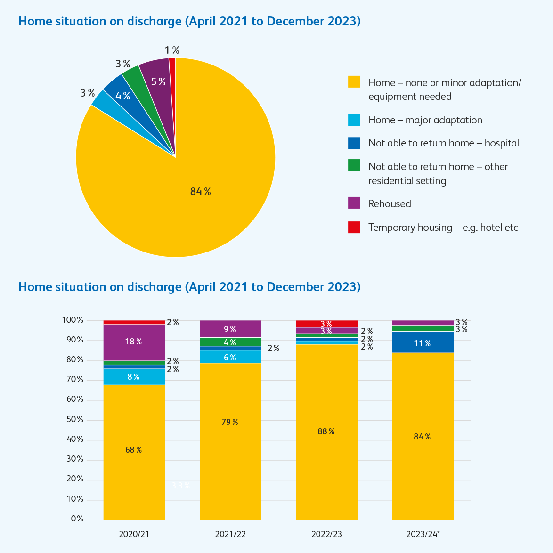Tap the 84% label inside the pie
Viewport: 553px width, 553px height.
point(200,191)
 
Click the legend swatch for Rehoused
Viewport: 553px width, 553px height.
point(354,203)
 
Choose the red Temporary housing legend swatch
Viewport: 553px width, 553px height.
point(354,227)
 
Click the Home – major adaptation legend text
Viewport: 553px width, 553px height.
point(425,120)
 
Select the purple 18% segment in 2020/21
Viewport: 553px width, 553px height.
point(134,342)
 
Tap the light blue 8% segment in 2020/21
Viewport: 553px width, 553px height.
point(134,376)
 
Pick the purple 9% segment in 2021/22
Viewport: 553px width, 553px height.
point(230,329)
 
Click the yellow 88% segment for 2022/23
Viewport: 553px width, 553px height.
point(326,431)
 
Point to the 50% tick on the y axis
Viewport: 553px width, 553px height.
point(73,419)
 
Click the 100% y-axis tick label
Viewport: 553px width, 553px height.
point(73,320)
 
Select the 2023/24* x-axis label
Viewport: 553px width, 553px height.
point(423,534)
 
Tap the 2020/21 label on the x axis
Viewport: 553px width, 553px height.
point(134,534)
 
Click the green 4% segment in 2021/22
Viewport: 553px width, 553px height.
point(230,342)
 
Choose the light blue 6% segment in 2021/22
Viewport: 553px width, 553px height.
point(230,357)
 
